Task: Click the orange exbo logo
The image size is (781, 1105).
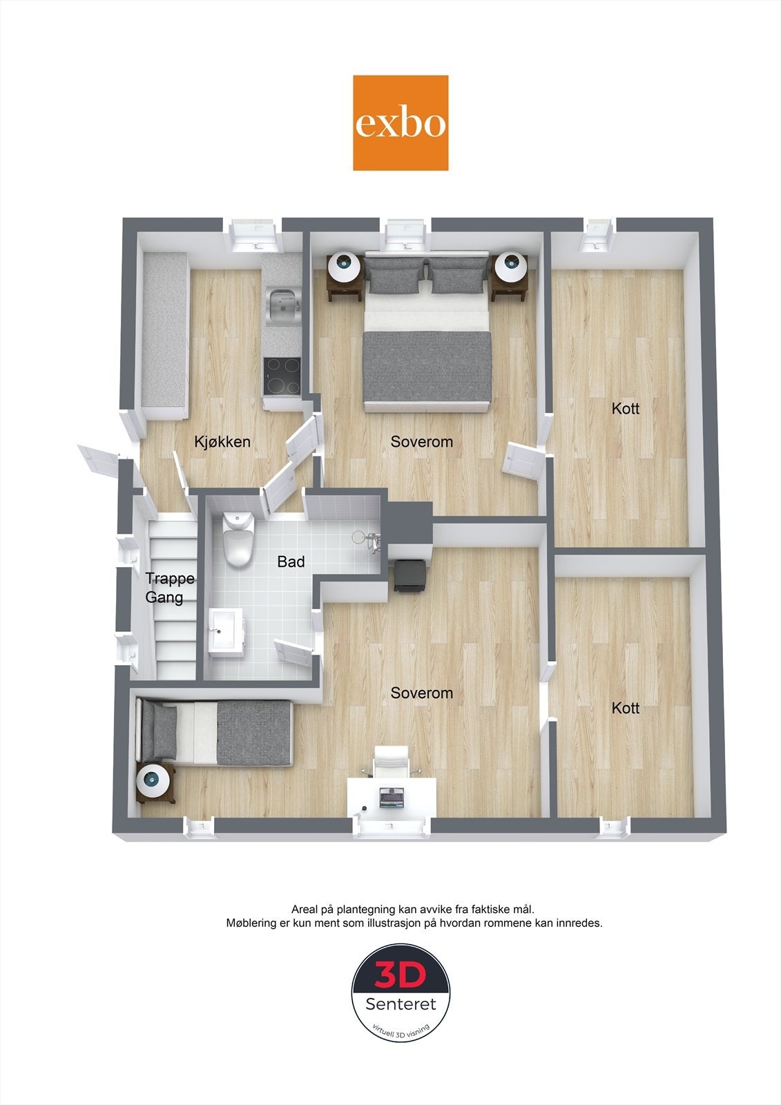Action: coord(401,123)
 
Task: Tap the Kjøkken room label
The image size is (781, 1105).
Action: coord(222,441)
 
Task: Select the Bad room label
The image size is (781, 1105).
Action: coord(291,561)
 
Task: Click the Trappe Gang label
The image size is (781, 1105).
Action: coord(168,588)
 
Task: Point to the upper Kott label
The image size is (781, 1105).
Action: coord(625,408)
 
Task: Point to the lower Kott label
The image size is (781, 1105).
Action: coord(625,708)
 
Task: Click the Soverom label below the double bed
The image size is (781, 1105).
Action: coord(421,441)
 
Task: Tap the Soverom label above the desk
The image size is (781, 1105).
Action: coord(421,693)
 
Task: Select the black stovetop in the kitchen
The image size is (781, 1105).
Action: coord(282,375)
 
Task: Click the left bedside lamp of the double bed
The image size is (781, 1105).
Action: coord(344,265)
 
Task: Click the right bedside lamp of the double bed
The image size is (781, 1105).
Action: coord(510,265)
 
